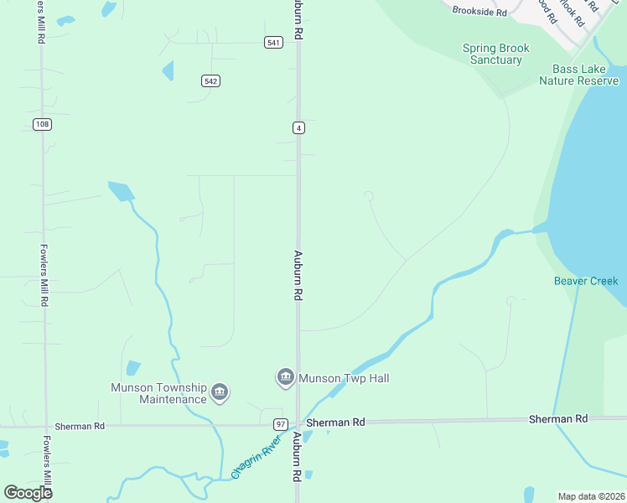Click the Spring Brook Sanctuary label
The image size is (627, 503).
[496, 54]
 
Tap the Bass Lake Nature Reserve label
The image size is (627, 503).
[584, 75]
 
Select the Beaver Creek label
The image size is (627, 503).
[585, 281]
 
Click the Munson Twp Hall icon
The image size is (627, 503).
[285, 378]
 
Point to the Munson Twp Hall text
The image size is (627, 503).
[344, 379]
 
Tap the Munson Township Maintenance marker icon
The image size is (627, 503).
[220, 392]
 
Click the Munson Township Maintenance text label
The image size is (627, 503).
[158, 393]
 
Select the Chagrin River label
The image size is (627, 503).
[254, 462]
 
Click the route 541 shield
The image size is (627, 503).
[273, 43]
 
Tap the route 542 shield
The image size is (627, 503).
[210, 80]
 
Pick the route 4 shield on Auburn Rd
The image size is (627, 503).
[298, 127]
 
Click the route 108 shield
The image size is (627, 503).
[42, 124]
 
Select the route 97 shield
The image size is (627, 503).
[281, 425]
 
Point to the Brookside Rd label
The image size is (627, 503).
[479, 12]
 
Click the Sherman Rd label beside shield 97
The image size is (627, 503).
[335, 423]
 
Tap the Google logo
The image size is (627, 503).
[28, 492]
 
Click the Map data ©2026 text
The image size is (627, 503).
[591, 495]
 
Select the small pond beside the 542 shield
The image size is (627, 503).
[168, 70]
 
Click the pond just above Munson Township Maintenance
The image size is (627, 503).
[133, 368]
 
